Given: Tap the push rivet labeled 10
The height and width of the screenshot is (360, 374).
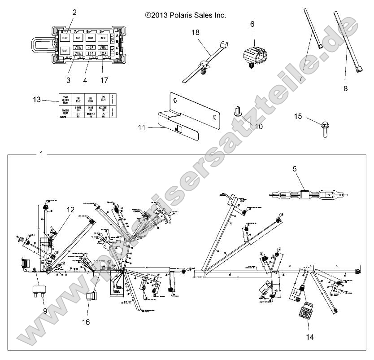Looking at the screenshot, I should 238,111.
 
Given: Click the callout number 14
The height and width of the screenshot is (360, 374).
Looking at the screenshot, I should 308,336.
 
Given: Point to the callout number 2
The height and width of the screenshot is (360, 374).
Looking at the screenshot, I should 74,12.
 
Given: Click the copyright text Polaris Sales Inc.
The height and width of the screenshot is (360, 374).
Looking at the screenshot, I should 186,15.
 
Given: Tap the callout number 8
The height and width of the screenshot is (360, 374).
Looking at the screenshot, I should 345,89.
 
